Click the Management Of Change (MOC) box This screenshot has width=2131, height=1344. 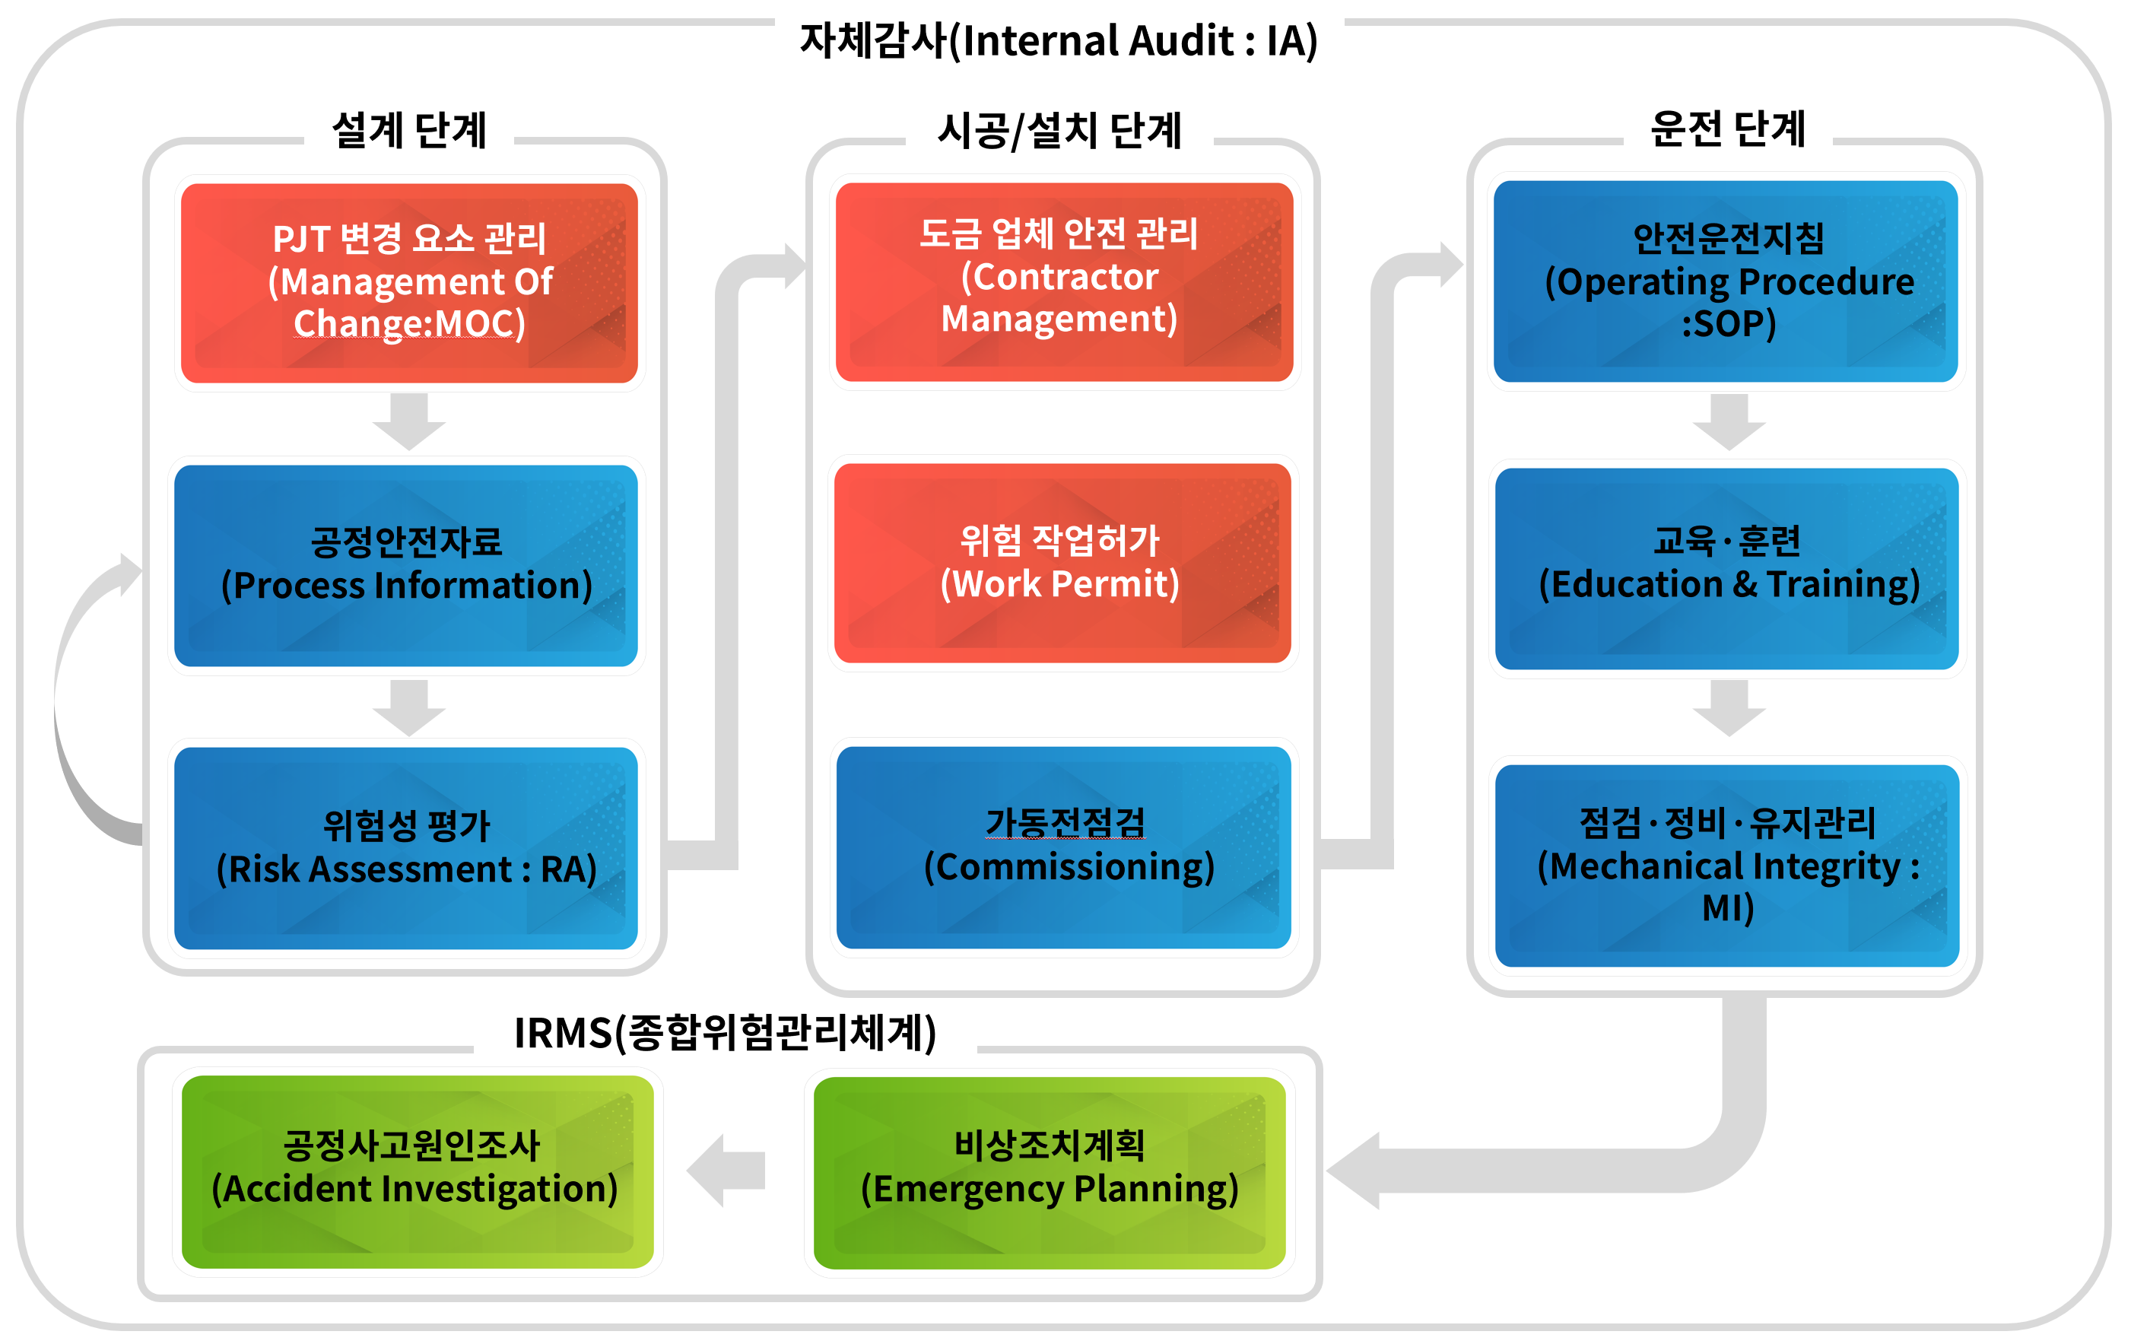[x=409, y=282]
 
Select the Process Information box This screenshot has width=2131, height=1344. [x=406, y=565]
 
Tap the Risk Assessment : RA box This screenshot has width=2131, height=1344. [x=406, y=847]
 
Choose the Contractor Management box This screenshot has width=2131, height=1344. [x=1064, y=281]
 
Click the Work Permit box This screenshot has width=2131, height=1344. [x=1062, y=563]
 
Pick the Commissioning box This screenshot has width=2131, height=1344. [x=1063, y=847]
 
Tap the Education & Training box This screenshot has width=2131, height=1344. [x=1726, y=568]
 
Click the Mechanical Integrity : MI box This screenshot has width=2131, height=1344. [x=1726, y=865]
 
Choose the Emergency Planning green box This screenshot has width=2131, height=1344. [x=1050, y=1171]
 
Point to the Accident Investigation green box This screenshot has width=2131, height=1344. [x=417, y=1171]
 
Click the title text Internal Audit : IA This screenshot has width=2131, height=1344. [x=1059, y=41]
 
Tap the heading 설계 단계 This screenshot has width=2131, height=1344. [x=409, y=130]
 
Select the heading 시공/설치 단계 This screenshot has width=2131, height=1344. [x=1059, y=130]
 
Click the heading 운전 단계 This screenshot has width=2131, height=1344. [x=1726, y=129]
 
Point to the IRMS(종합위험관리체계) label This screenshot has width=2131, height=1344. [x=725, y=1033]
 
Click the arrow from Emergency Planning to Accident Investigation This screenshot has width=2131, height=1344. [x=726, y=1170]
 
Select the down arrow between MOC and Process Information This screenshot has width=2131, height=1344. [x=409, y=421]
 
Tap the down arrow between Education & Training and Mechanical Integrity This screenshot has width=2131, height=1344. [x=1729, y=707]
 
